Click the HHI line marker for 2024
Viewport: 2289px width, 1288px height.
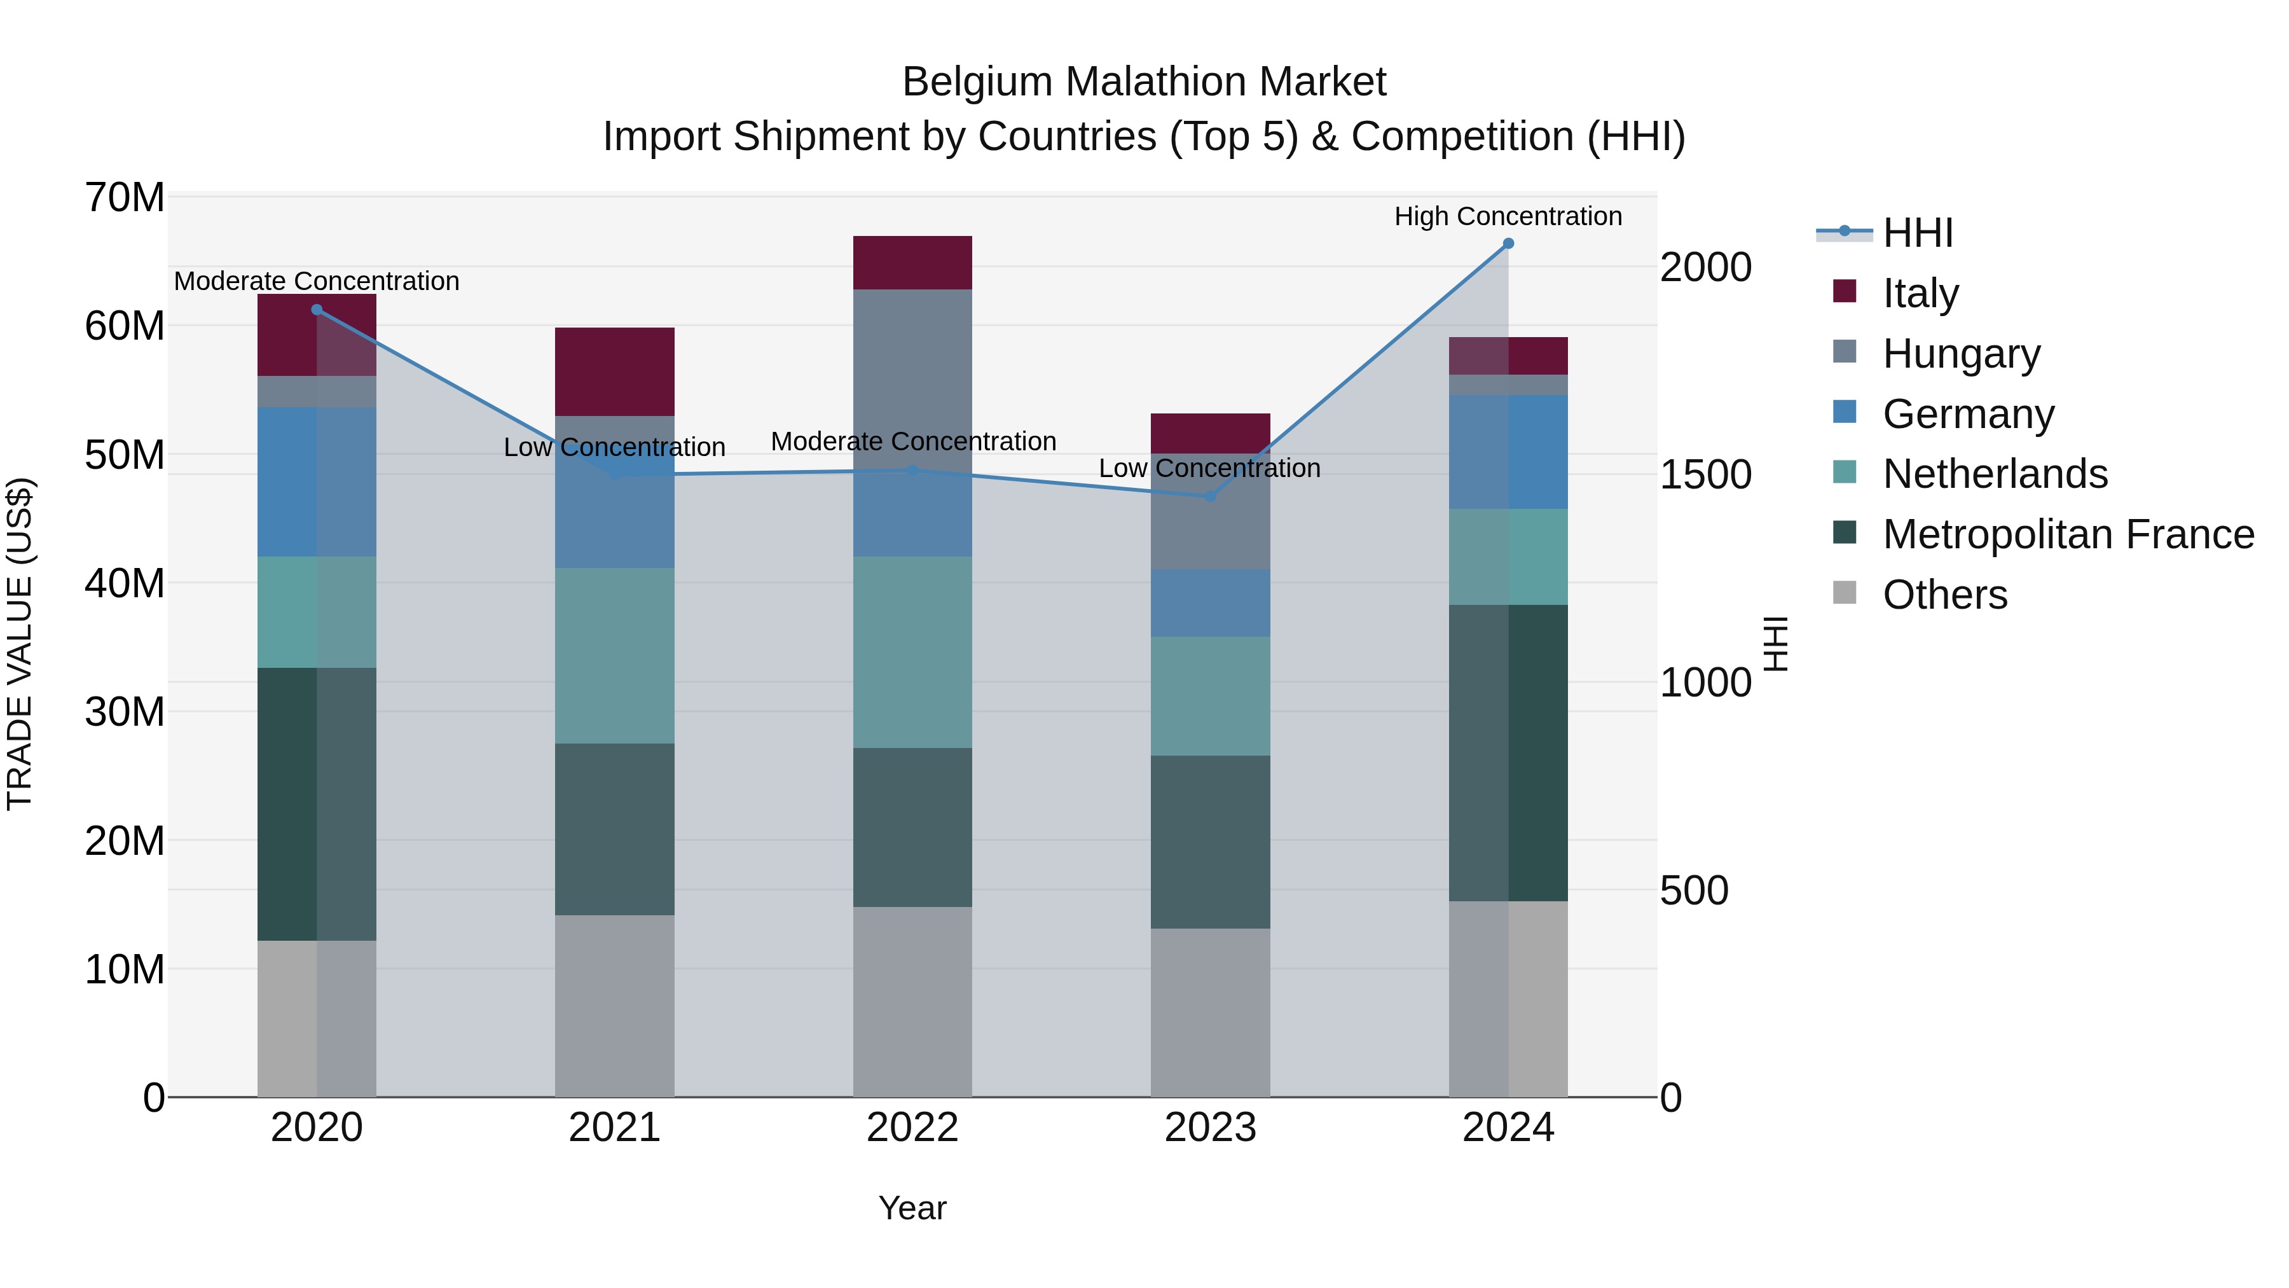tap(1508, 244)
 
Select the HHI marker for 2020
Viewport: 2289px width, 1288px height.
tap(317, 309)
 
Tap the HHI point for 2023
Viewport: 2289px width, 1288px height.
tap(1210, 496)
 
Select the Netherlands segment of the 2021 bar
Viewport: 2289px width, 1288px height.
tap(615, 656)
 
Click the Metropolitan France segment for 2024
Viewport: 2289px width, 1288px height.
tap(1508, 753)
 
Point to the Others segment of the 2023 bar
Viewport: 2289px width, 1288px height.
tap(1210, 1013)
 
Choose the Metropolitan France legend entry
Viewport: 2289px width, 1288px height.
tap(2068, 534)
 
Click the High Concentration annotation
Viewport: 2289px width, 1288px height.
tap(1508, 216)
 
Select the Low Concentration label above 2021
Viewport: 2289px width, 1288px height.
tap(614, 447)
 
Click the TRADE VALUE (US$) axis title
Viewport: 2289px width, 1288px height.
tap(20, 644)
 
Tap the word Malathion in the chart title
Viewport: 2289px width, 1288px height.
tap(1144, 82)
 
